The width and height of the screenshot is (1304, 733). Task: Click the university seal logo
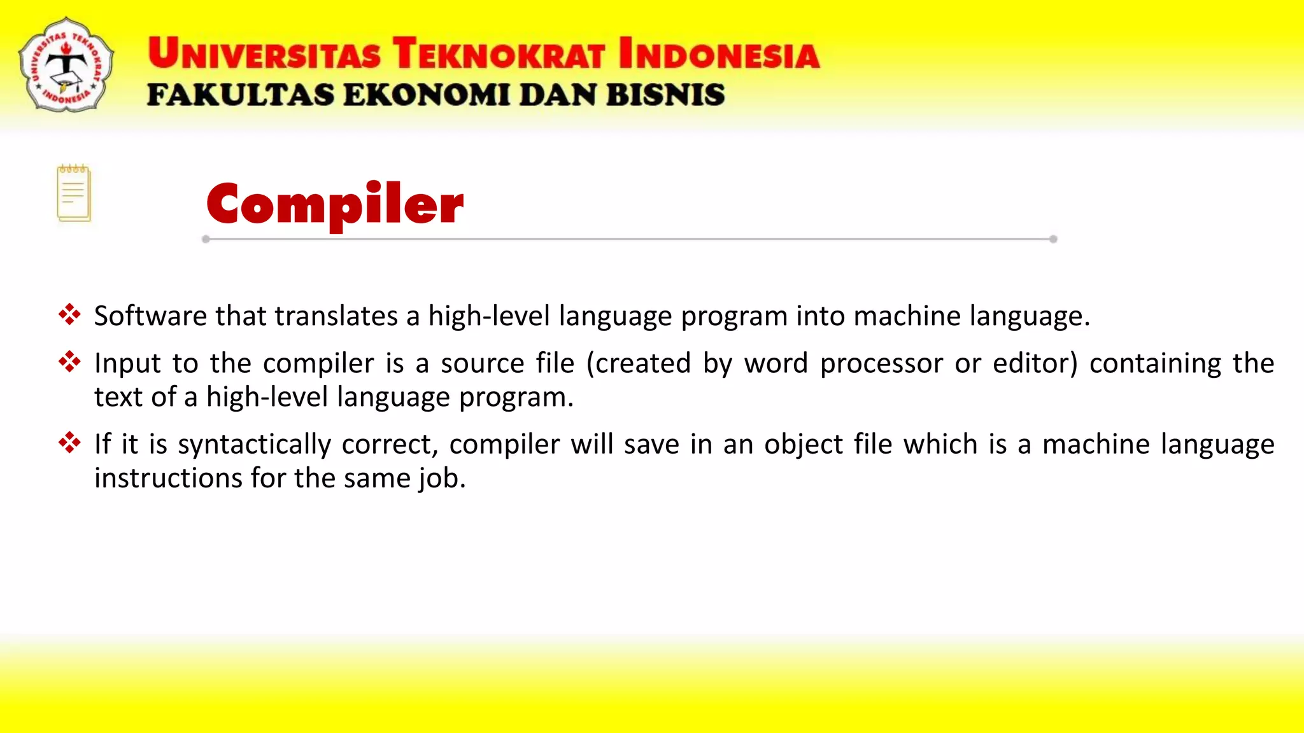pos(66,64)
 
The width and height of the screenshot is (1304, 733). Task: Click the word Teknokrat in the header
pos(498,53)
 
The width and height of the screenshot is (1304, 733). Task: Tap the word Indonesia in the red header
pos(718,53)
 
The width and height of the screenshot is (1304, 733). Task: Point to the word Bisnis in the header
pos(665,95)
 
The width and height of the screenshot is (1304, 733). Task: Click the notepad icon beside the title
pos(74,193)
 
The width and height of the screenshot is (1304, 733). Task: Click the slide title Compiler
pos(335,204)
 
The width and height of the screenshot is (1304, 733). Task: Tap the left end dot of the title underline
pos(206,239)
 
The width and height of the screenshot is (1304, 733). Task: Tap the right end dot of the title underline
pos(1053,239)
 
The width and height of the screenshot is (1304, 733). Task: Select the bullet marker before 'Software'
pos(69,314)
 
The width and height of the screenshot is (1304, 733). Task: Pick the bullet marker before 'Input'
pos(69,362)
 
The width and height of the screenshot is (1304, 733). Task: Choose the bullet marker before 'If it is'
pos(69,442)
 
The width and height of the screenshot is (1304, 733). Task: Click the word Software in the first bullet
pos(150,316)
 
